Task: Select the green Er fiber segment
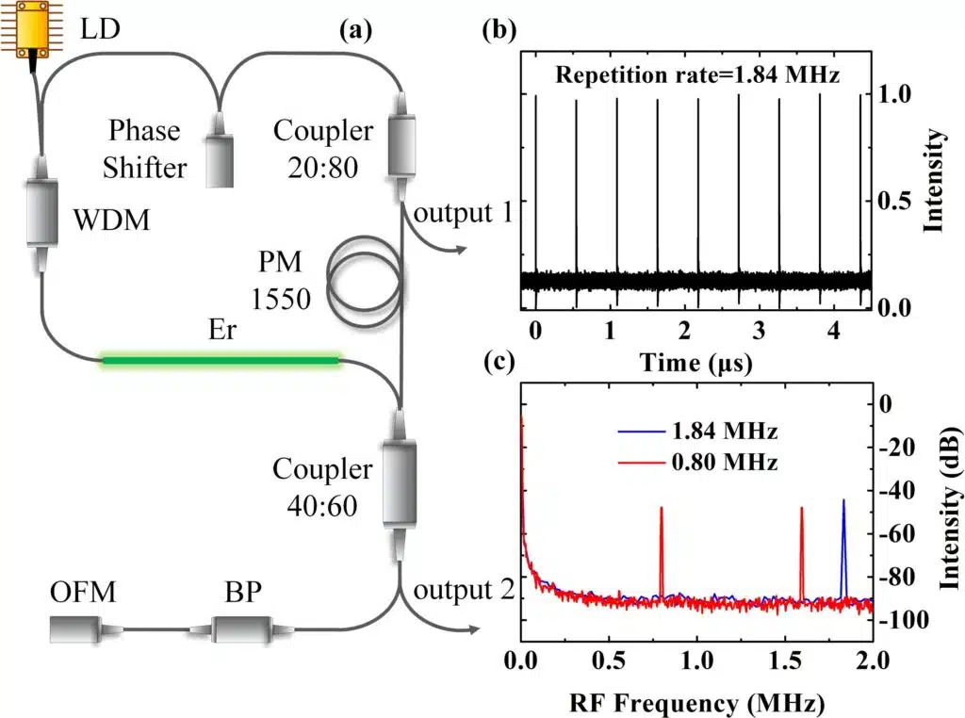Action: tap(221, 359)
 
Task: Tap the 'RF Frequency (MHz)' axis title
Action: tap(697, 702)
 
